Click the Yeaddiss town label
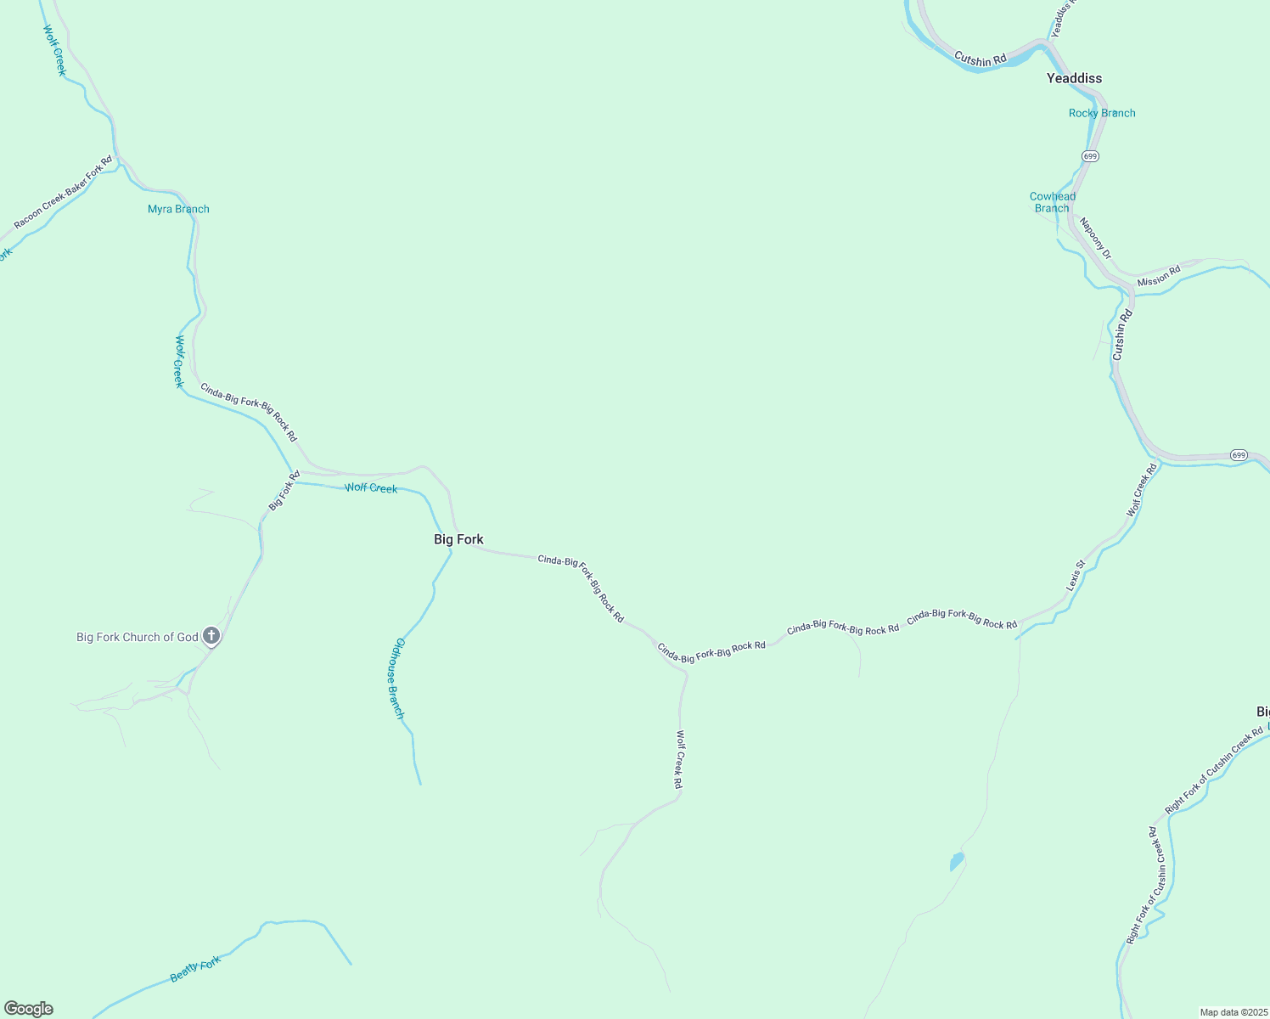pyautogui.click(x=1074, y=78)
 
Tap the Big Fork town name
pyautogui.click(x=458, y=539)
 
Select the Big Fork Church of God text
pyautogui.click(x=138, y=637)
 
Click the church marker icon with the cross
pyautogui.click(x=211, y=636)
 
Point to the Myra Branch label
pyautogui.click(x=178, y=209)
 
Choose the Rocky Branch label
pyautogui.click(x=1102, y=113)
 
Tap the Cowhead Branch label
pyautogui.click(x=1053, y=202)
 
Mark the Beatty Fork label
pyautogui.click(x=195, y=969)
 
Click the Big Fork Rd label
pyautogui.click(x=284, y=491)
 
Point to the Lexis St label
pyautogui.click(x=1076, y=576)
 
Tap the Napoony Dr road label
pyautogui.click(x=1094, y=239)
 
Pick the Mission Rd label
pyautogui.click(x=1159, y=277)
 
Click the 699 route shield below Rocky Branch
pyautogui.click(x=1091, y=156)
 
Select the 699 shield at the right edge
pyautogui.click(x=1239, y=455)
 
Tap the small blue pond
pyautogui.click(x=957, y=862)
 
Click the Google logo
pyautogui.click(x=29, y=1009)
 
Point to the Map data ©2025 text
pyautogui.click(x=1233, y=1012)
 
